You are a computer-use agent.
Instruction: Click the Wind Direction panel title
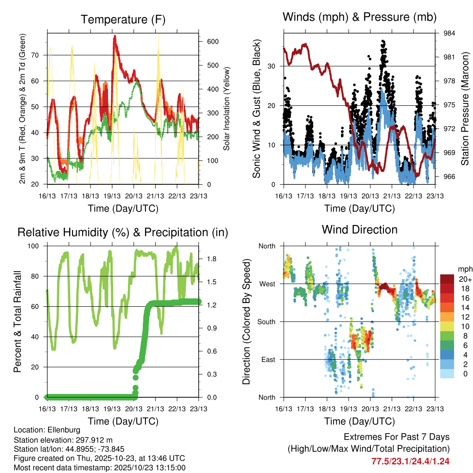click(359, 229)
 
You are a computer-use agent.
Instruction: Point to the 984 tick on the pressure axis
click(449, 33)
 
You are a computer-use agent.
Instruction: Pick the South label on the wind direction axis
click(267, 321)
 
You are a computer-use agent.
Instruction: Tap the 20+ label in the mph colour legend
click(462, 279)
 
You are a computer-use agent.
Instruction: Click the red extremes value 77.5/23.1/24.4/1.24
click(410, 461)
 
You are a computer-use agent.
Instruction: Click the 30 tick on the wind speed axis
click(272, 66)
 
